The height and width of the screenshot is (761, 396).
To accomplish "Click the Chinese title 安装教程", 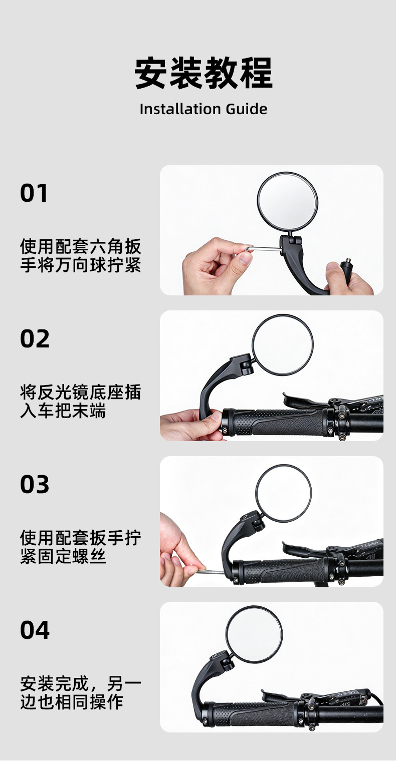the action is (203, 73).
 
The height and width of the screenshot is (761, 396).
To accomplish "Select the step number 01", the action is (34, 193).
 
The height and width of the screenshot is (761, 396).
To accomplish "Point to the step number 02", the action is (35, 339).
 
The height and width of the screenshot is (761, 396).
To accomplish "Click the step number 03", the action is (35, 484).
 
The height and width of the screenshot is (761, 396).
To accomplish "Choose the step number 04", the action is (35, 630).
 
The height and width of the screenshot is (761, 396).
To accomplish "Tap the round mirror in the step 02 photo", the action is (282, 345).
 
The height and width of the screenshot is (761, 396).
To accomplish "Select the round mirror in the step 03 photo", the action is (283, 493).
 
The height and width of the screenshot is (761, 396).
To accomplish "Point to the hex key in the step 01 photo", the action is (262, 249).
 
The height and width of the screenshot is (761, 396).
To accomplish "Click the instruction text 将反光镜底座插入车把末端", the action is (80, 402).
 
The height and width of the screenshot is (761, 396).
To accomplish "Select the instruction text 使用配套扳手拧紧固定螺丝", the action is (80, 547).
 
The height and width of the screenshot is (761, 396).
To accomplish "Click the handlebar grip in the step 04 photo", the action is (252, 714).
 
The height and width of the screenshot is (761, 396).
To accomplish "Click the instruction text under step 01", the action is (80, 255).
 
